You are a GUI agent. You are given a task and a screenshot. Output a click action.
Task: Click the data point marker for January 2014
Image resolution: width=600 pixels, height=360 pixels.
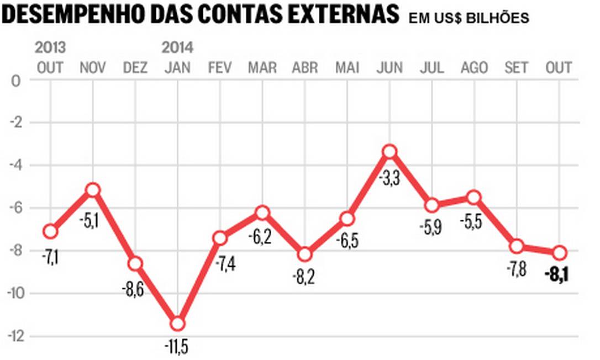point(177,324)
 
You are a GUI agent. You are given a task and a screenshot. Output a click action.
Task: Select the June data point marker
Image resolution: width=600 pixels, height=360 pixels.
point(390,151)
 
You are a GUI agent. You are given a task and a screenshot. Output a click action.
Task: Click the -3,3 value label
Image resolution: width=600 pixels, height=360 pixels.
point(390,179)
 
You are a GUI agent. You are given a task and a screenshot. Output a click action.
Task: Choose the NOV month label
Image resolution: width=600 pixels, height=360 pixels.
point(93,68)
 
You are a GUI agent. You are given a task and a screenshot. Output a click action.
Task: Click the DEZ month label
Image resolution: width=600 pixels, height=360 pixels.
point(135,68)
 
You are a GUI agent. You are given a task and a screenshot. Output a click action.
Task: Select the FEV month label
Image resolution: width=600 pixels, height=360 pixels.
point(220,68)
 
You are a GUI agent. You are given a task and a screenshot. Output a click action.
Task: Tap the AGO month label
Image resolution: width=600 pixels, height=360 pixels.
point(474,68)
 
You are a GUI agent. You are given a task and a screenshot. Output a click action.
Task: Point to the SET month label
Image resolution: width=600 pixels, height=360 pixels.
point(517,68)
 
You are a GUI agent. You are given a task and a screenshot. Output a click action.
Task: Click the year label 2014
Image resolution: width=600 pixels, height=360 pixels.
point(177,47)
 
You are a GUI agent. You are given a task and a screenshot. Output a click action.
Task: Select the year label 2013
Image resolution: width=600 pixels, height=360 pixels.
point(50,47)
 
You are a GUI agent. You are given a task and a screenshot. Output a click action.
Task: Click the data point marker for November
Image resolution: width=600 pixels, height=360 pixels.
point(93,190)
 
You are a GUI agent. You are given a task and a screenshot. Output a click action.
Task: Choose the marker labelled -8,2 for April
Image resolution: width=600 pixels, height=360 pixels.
point(304,255)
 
